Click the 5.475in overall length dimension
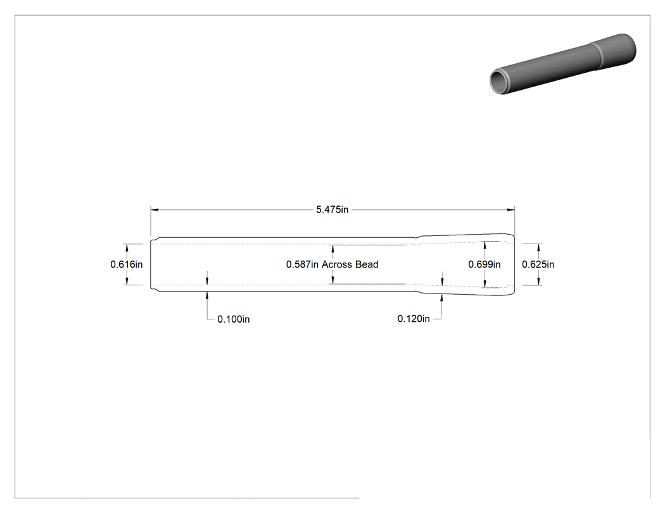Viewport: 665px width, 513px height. [332, 209]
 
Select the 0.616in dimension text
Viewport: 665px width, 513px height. [127, 264]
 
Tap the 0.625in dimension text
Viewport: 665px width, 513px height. [538, 264]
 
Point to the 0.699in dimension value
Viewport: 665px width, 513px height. [484, 264]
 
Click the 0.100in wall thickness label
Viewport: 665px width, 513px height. [233, 319]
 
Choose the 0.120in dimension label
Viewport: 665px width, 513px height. [414, 319]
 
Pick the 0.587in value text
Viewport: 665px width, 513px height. [302, 264]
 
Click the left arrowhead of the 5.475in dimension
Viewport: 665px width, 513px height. [155, 209]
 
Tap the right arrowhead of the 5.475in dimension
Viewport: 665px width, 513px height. [510, 209]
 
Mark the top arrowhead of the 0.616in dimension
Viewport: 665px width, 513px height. [127, 247]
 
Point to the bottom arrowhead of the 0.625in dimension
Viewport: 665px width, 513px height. [538, 281]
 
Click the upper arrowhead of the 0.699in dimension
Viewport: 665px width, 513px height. [484, 245]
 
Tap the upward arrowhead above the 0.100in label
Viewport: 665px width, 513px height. [207, 295]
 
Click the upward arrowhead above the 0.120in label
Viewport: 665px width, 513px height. [442, 298]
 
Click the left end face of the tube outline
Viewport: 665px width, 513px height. [151, 264]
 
